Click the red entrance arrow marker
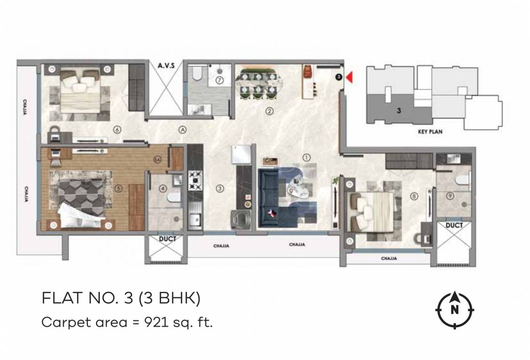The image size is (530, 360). (x=348, y=77)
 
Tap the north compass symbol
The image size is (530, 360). (x=454, y=310)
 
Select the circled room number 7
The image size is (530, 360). (x=219, y=80)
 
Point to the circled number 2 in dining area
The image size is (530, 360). (x=269, y=111)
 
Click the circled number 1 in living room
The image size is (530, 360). (x=306, y=158)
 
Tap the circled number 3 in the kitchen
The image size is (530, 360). (x=219, y=189)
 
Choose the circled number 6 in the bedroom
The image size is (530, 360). (x=117, y=130)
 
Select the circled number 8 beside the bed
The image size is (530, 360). (x=413, y=196)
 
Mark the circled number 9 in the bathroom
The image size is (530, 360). (x=450, y=196)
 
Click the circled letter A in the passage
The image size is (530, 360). (x=182, y=130)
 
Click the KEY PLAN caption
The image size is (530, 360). (x=430, y=132)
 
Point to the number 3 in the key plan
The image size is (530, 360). (x=398, y=112)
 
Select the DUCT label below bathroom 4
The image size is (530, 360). (x=167, y=239)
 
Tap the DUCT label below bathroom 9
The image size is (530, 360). (x=454, y=225)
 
